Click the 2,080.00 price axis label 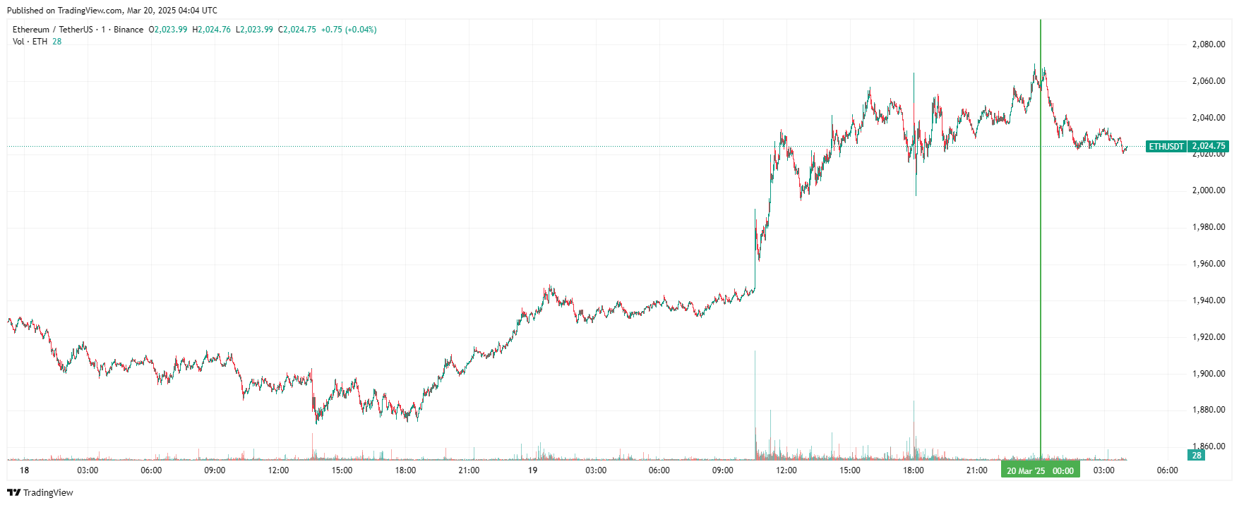[1208, 44]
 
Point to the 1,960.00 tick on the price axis [1208, 264]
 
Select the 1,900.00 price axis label [1208, 374]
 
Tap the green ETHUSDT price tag [1166, 147]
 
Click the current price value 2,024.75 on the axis [1208, 147]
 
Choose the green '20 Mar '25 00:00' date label [1040, 470]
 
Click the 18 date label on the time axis [25, 470]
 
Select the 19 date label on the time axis [532, 470]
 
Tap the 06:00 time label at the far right [1167, 470]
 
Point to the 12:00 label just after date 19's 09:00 [786, 470]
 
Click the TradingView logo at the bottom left [40, 492]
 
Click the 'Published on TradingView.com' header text [112, 11]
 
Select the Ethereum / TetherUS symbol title [53, 30]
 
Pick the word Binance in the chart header [128, 30]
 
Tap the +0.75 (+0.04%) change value [349, 30]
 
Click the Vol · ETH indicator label [30, 42]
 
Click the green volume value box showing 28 [1197, 456]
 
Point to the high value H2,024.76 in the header [212, 30]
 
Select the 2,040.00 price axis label [1208, 118]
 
